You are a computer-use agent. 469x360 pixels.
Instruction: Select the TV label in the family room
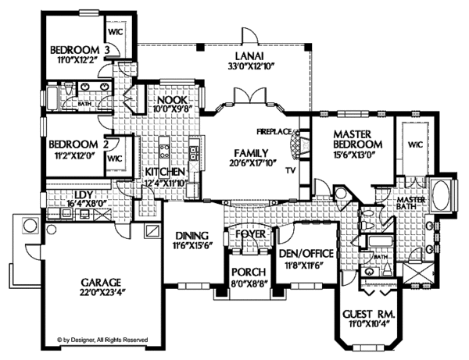(x=290, y=169)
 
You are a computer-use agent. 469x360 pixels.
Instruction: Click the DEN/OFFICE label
(x=306, y=255)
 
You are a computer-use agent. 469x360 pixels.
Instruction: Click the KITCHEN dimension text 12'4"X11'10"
(x=164, y=184)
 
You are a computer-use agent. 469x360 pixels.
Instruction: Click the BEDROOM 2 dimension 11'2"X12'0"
(x=75, y=156)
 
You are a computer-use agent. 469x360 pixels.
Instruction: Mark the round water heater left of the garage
(x=29, y=226)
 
